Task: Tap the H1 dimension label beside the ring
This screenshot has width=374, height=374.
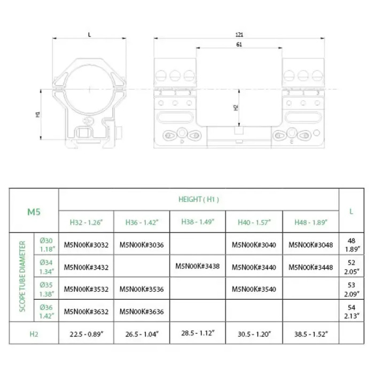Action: [x=38, y=114]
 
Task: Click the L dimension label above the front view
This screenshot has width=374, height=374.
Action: [x=90, y=34]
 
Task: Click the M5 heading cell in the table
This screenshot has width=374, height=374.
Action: [x=34, y=211]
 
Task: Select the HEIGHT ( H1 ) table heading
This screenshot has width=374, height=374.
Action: [x=198, y=199]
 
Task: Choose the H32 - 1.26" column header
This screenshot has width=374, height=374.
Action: [x=86, y=222]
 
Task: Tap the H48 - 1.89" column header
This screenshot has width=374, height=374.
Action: [x=310, y=222]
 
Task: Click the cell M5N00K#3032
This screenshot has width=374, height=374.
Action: [x=86, y=245]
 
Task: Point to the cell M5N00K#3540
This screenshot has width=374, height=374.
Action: [x=254, y=289]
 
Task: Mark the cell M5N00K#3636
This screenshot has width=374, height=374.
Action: [x=142, y=311]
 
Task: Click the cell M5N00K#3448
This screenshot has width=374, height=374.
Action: [x=310, y=267]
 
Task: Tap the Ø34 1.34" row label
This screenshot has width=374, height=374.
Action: [x=46, y=267]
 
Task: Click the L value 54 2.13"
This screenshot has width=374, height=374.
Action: [x=351, y=311]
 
